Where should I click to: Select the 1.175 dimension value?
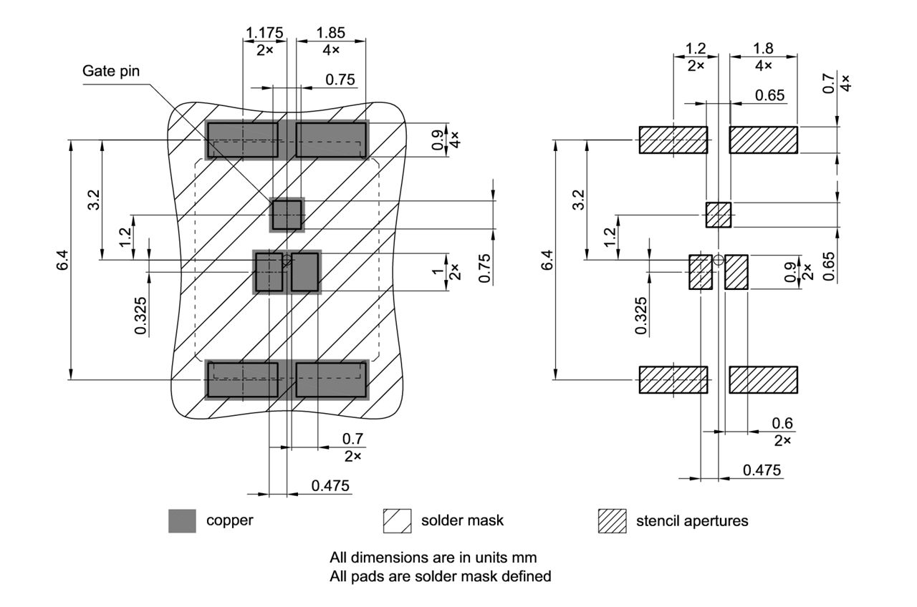point(264,33)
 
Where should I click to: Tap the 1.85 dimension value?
point(330,33)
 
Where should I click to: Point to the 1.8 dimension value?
point(763,49)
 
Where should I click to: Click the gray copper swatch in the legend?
point(182,520)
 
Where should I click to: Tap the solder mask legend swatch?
point(397,520)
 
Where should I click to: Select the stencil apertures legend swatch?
point(612,520)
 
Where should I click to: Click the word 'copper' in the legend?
point(229,520)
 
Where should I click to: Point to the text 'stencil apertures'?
point(692,520)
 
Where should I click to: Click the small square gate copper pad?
point(287,215)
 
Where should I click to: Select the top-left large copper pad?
point(242,140)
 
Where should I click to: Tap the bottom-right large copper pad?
point(331,379)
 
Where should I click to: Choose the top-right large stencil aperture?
point(763,140)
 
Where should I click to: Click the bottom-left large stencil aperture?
point(673,379)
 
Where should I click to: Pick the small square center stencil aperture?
point(718,215)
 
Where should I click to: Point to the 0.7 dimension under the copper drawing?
point(352,438)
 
